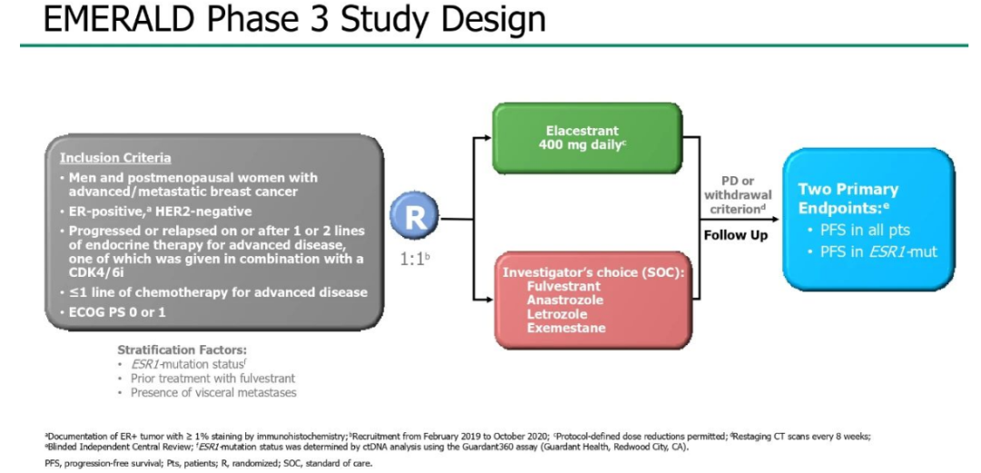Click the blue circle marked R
[x=414, y=219]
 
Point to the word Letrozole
[x=557, y=314]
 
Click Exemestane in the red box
[x=565, y=328]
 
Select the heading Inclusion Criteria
[x=115, y=158]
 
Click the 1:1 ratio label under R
[x=412, y=258]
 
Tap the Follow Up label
[x=735, y=234]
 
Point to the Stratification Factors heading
[x=182, y=350]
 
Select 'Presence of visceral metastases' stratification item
[x=213, y=392]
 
